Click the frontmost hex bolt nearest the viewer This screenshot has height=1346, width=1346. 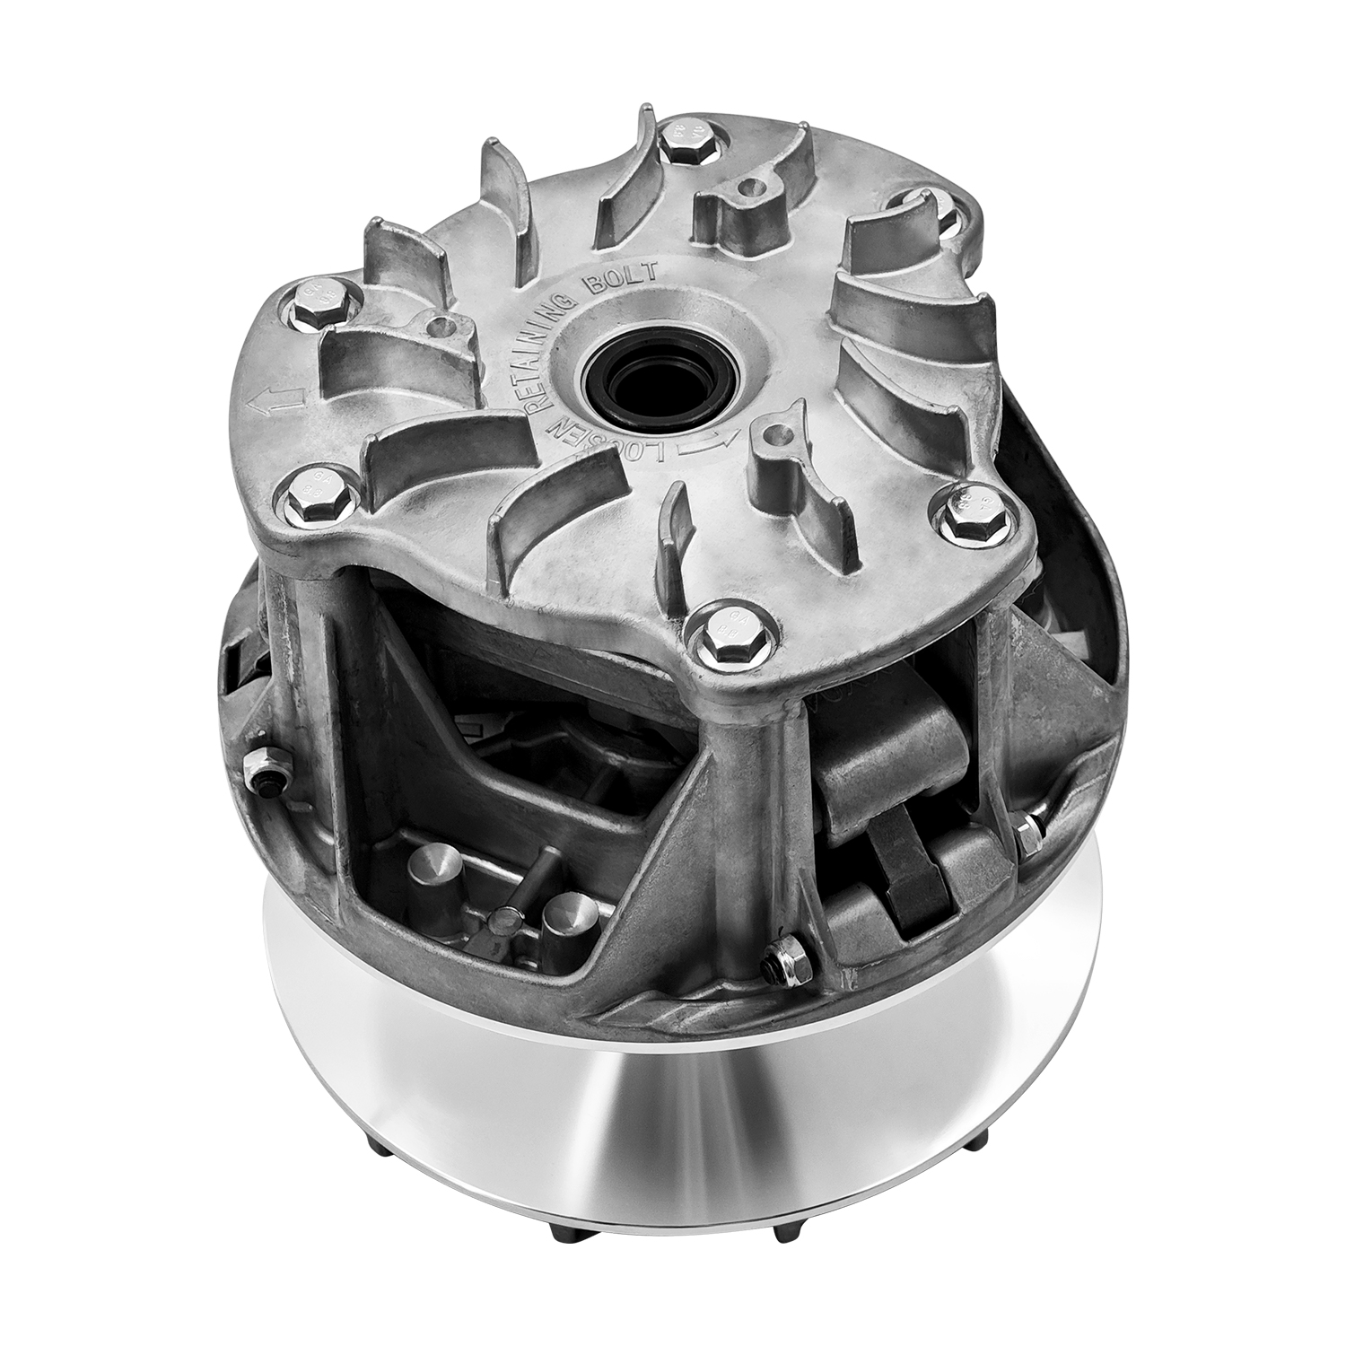pyautogui.click(x=723, y=639)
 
